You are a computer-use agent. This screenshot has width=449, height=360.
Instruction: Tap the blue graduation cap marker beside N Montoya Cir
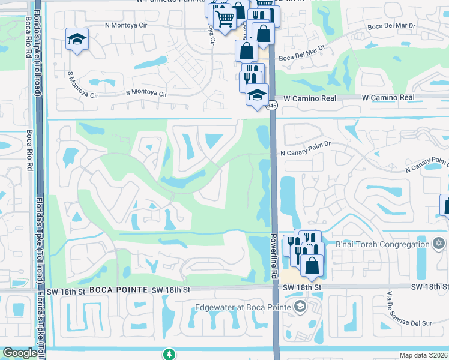(77, 39)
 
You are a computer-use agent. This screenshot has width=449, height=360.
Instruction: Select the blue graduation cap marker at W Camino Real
(257, 95)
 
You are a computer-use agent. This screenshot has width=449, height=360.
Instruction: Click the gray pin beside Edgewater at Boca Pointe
(299, 308)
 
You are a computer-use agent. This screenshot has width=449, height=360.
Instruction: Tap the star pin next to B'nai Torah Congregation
(439, 243)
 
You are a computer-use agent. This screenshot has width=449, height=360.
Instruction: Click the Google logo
(20, 353)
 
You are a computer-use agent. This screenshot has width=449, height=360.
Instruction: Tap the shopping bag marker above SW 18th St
(312, 265)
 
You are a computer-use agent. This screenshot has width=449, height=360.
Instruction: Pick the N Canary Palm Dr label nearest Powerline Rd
(306, 153)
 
